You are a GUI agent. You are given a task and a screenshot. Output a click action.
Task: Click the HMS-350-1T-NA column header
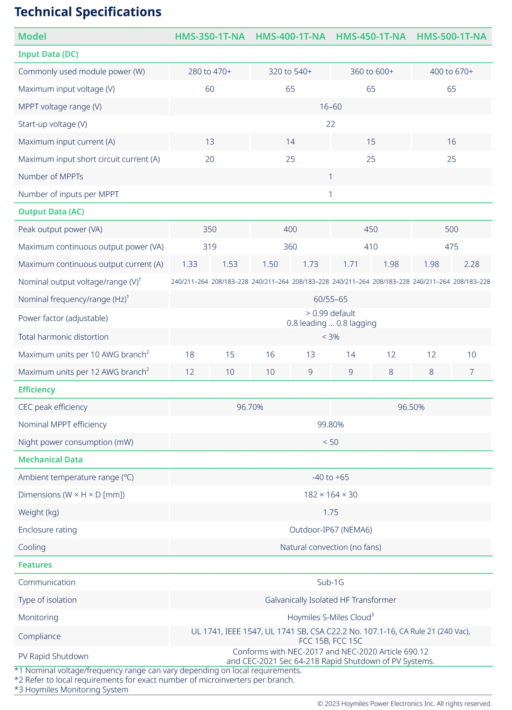(x=210, y=37)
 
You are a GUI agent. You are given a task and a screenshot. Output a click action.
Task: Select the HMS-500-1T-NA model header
(x=451, y=37)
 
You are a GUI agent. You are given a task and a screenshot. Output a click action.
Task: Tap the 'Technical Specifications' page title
(x=88, y=12)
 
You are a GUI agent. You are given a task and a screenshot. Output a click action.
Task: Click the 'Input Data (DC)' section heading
(x=48, y=54)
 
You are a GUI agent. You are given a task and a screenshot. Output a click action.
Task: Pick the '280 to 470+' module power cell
(x=210, y=72)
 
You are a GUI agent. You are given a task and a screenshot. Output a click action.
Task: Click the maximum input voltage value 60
(x=210, y=89)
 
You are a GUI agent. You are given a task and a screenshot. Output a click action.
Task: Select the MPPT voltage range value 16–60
(x=330, y=107)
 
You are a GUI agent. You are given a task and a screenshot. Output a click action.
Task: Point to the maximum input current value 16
(x=451, y=142)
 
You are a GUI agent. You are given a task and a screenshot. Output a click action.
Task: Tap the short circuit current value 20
(x=210, y=159)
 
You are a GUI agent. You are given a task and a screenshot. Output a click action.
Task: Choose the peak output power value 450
(x=371, y=229)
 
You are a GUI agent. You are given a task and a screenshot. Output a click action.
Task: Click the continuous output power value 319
(x=210, y=247)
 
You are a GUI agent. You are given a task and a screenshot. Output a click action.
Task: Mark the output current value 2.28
(x=471, y=265)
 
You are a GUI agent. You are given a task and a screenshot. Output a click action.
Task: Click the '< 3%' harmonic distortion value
(x=330, y=337)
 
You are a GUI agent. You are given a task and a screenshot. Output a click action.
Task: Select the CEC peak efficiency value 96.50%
(x=411, y=407)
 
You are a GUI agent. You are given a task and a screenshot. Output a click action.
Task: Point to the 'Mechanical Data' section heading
(x=50, y=460)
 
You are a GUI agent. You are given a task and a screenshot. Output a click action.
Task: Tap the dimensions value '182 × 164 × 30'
(x=330, y=495)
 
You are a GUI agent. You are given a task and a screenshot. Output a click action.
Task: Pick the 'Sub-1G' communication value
(x=330, y=583)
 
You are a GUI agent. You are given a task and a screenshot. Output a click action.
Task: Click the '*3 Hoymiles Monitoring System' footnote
(x=71, y=690)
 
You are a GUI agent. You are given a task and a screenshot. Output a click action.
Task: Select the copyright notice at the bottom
(x=404, y=704)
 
